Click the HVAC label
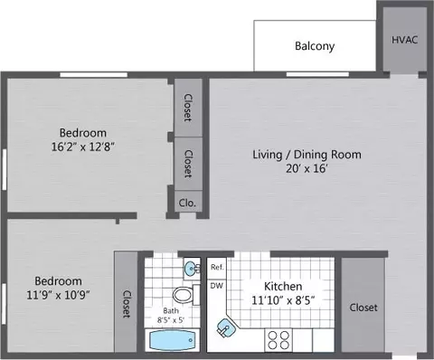tap(404, 40)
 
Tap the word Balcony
tap(315, 46)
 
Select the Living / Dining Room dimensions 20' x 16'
tap(307, 168)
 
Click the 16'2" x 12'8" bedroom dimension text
tap(83, 147)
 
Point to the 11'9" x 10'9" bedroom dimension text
tap(59, 295)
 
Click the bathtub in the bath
tap(172, 340)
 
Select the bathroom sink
tap(192, 268)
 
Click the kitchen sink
tap(226, 327)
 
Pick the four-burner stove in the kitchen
tap(278, 340)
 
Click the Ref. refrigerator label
tap(217, 267)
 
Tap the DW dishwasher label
tap(216, 286)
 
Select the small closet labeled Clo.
tap(187, 204)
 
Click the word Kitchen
tap(283, 286)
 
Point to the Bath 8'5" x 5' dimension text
tap(171, 316)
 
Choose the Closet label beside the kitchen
tap(363, 308)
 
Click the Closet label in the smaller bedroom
tap(127, 304)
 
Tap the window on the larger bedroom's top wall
tap(93, 74)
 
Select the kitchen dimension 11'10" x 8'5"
tap(283, 300)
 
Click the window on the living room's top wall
tap(317, 74)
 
